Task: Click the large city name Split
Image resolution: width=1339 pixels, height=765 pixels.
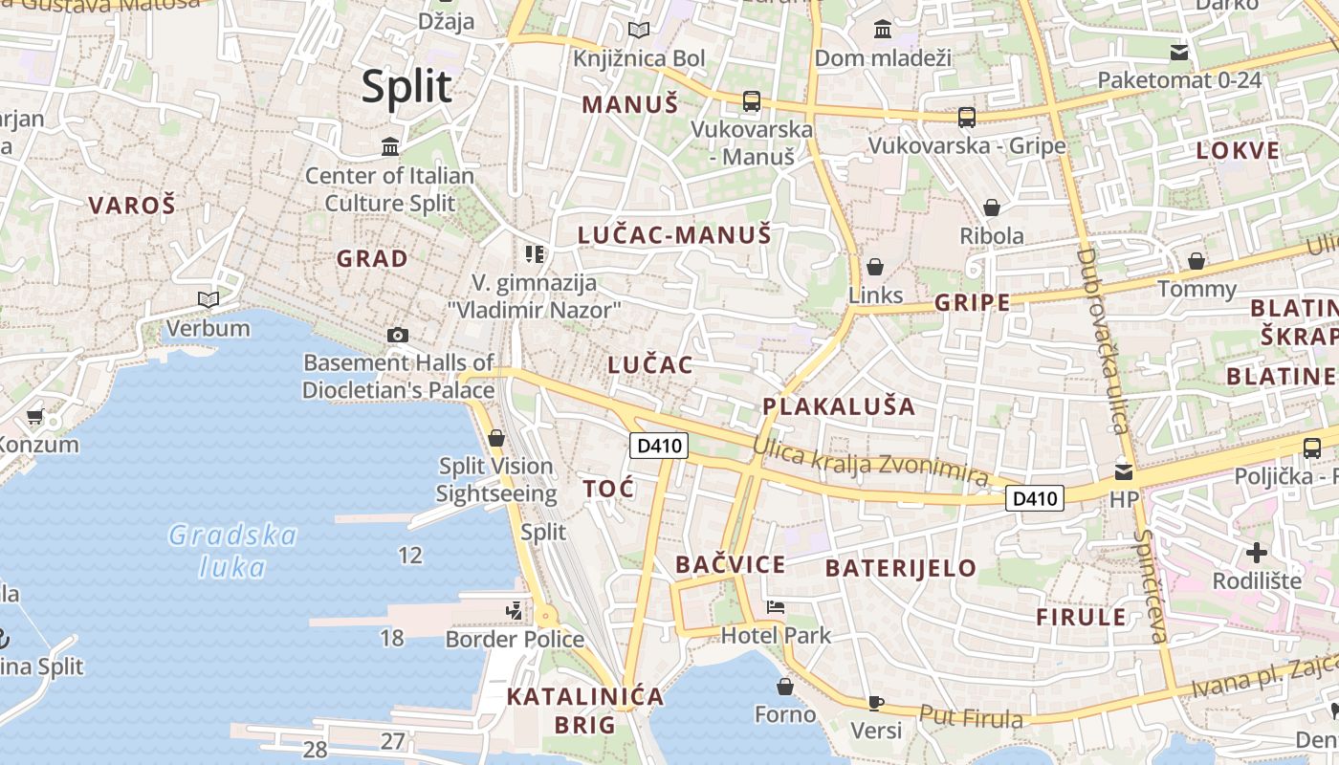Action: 406,87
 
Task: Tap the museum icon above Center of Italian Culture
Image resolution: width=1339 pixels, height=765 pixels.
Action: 390,147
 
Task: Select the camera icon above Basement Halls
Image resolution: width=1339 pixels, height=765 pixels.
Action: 398,335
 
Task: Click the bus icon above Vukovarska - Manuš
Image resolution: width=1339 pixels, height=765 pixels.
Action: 752,100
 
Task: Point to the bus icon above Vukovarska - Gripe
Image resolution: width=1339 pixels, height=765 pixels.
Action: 967,118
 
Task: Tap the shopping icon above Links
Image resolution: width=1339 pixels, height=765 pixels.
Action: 874,267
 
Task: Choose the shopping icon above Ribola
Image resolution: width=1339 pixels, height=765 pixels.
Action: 992,208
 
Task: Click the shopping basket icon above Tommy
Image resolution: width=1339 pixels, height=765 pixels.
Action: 1196,261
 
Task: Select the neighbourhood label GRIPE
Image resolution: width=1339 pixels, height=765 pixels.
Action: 972,303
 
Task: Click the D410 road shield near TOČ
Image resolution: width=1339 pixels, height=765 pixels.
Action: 660,445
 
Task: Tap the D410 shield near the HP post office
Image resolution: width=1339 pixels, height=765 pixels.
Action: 1035,498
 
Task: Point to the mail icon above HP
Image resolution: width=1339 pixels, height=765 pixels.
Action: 1124,470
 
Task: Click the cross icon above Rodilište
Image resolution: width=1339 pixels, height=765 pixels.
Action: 1257,552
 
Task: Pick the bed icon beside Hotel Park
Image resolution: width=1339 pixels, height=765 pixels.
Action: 776,607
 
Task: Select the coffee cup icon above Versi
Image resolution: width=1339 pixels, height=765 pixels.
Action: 875,703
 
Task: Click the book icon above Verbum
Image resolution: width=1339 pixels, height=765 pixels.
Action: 208,300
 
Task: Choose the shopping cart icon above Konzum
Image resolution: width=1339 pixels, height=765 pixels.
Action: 36,417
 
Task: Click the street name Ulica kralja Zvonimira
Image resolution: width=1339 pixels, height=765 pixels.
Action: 869,460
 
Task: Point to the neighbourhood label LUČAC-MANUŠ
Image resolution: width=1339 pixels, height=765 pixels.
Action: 674,235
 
